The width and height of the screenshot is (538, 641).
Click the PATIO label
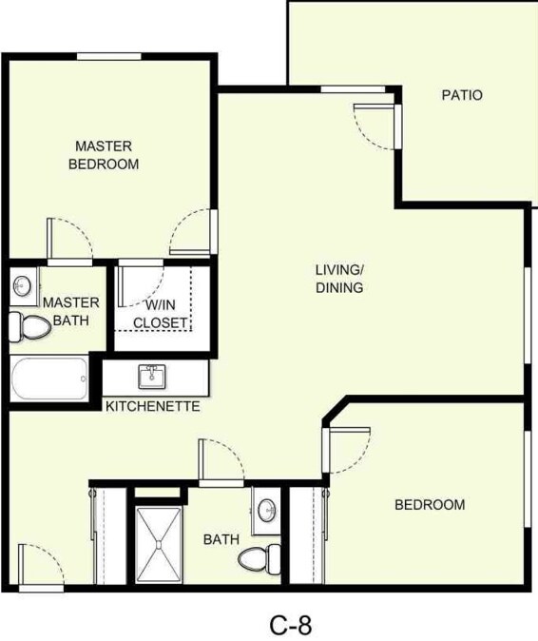tap(462, 95)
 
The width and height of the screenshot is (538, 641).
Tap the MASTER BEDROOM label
tap(104, 155)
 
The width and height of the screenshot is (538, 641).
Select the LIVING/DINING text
tap(339, 278)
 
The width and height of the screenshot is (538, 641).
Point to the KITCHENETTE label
tap(152, 406)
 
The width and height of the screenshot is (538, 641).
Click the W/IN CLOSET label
tap(159, 314)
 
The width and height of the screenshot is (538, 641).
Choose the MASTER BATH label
tap(65, 311)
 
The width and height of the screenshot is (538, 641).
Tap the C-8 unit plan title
tap(290, 625)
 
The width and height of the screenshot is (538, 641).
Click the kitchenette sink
tap(152, 377)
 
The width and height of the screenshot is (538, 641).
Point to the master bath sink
tap(23, 284)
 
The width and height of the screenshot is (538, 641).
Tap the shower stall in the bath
tap(158, 544)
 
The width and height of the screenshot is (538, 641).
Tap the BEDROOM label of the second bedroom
tap(430, 505)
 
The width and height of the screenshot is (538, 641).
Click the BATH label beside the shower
tap(221, 539)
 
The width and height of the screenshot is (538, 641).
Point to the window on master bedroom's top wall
tap(109, 56)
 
